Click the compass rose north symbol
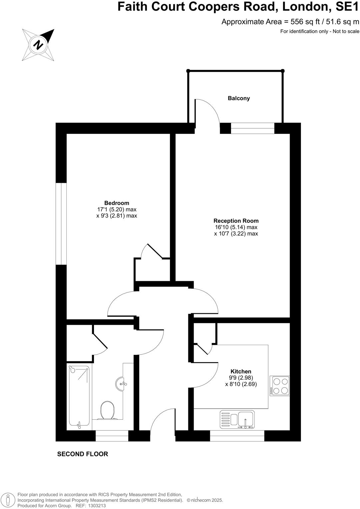39,44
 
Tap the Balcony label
239,98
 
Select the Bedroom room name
117,203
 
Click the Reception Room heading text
236,221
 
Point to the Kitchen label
241,371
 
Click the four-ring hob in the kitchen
280,385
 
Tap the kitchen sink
237,419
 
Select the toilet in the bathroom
107,409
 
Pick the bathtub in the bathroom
79,397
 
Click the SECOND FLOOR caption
83,454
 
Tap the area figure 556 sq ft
303,22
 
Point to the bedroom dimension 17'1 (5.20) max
117,210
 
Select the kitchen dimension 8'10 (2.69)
241,384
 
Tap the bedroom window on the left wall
61,224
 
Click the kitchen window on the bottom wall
237,436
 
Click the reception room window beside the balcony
253,128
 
